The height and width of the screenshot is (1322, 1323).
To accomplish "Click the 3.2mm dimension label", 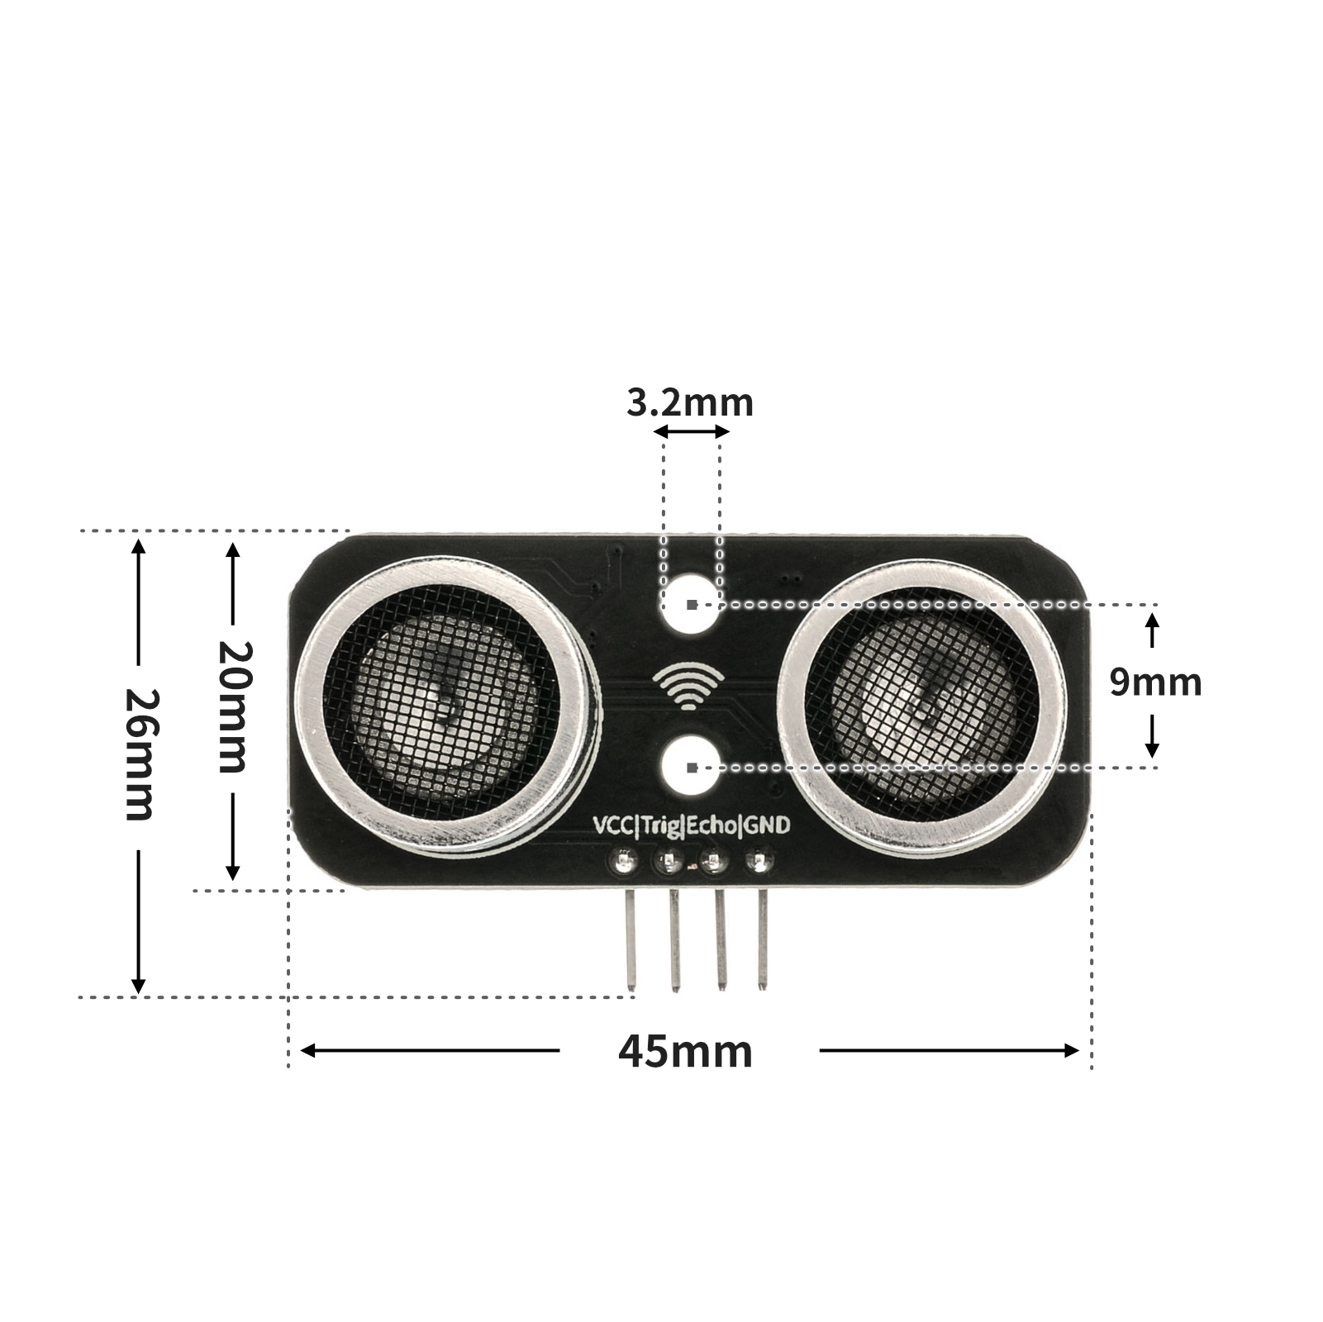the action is click(690, 403).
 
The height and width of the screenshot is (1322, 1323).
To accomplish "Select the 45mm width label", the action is click(685, 1051).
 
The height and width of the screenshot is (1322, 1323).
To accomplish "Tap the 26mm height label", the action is click(139, 754).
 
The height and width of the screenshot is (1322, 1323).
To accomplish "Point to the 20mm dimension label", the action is click(232, 706).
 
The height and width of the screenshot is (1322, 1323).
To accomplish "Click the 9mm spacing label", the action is click(1155, 682).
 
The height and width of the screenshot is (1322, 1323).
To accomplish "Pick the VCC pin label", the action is click(613, 825).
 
